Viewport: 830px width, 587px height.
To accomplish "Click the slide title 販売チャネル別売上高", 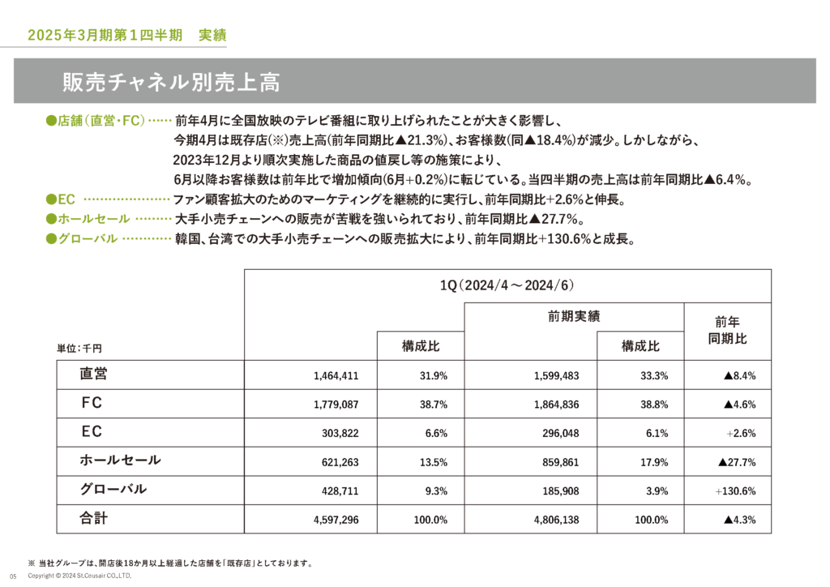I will pos(171,82).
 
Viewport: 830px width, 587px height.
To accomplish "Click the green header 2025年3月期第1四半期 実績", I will pos(126,36).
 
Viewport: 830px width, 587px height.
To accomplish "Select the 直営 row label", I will pos(94,374).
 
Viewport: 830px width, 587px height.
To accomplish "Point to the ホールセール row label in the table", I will pos(120,461).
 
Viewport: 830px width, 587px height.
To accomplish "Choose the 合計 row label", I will pos(94,518).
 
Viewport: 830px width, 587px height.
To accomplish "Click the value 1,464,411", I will pos(336,375).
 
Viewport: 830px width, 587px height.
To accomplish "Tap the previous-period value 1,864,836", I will pos(557,404).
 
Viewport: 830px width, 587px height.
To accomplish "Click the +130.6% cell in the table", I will pos(736,491).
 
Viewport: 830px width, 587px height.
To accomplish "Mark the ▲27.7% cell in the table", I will pos(737,462).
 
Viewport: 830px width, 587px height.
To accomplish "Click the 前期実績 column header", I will pos(574,316).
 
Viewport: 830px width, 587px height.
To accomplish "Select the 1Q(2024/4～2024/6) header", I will pos(507,286).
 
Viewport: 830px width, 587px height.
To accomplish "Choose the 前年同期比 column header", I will pos(728,330).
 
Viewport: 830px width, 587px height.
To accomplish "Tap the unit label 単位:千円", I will pos(79,348).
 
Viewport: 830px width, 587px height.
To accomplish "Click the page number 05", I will pos(13,576).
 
